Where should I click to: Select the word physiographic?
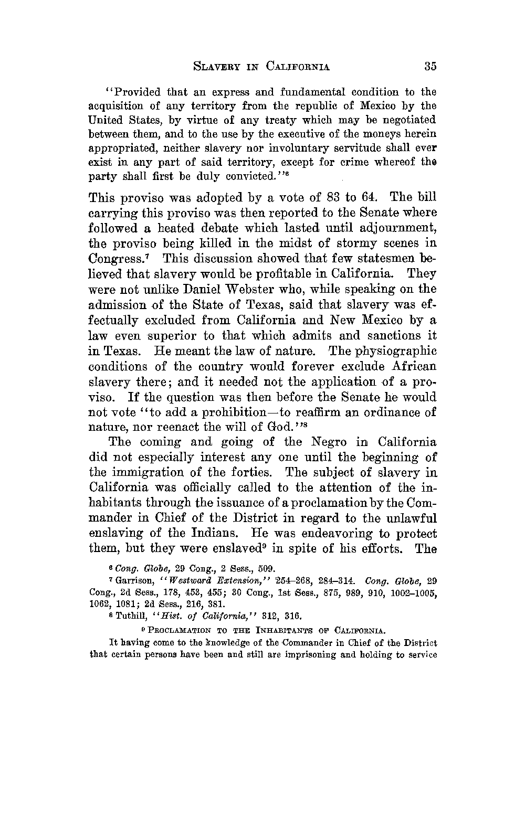391,351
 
